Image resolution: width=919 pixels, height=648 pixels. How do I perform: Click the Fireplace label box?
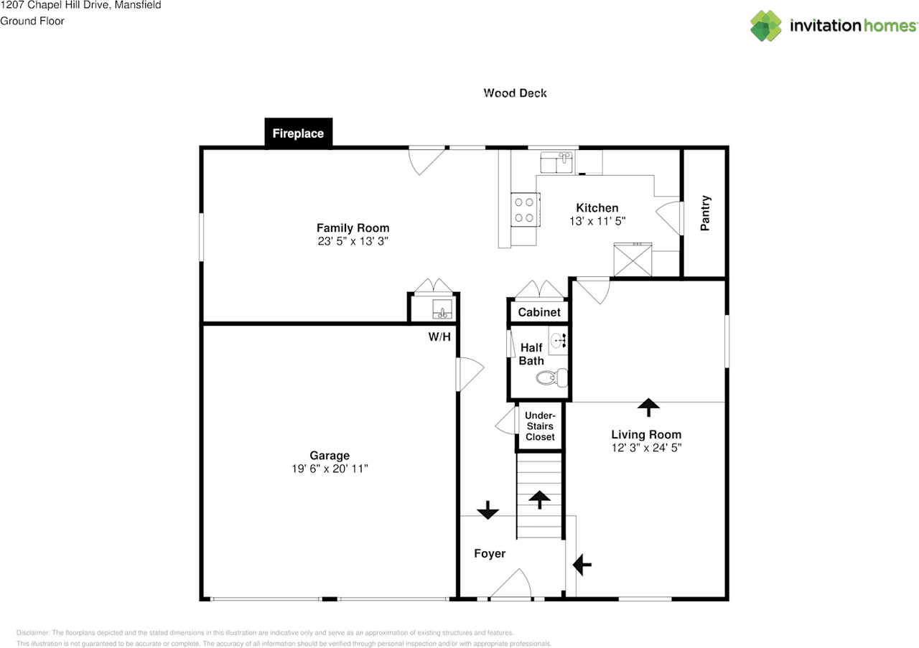(x=298, y=133)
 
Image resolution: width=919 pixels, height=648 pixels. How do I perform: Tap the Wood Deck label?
(x=515, y=93)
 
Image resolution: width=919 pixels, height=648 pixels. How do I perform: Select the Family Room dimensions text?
(x=353, y=242)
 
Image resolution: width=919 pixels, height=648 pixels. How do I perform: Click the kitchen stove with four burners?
(x=524, y=210)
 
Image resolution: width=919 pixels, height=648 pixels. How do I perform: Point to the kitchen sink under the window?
(x=556, y=163)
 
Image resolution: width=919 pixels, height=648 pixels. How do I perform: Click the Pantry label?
(x=705, y=213)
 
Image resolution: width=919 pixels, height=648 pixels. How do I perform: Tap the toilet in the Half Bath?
(x=554, y=377)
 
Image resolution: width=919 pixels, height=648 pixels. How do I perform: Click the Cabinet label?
(x=539, y=312)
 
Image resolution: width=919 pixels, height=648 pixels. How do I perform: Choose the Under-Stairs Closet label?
(x=539, y=426)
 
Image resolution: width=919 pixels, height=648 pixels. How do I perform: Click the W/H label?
(x=439, y=337)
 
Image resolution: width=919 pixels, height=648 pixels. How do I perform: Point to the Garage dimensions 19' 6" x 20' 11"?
(x=330, y=469)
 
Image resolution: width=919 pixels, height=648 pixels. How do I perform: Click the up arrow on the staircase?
(x=538, y=499)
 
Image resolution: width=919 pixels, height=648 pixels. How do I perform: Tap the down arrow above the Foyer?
(x=488, y=510)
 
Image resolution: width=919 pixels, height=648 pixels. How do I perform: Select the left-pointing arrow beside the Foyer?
(x=582, y=565)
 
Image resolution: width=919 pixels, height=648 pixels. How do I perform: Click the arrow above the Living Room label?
(x=648, y=408)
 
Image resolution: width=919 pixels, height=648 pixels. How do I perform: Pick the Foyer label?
(x=490, y=553)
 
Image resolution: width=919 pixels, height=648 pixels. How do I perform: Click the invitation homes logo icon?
(x=766, y=26)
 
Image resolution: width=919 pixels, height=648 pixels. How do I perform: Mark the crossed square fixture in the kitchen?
(x=632, y=260)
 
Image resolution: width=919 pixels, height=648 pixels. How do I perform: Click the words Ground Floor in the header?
(x=32, y=21)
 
